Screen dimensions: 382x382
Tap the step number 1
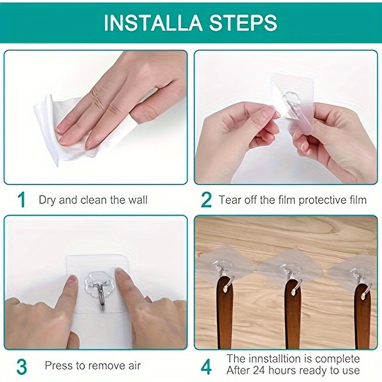[x=21, y=200]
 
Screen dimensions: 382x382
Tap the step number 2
[x=206, y=200]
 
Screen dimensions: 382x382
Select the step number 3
[x=21, y=366]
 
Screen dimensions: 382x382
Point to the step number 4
[x=206, y=366]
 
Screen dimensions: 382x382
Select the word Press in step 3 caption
[x=57, y=366]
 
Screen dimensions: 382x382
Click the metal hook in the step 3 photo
[x=101, y=291]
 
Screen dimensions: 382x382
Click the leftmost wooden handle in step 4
[x=224, y=315]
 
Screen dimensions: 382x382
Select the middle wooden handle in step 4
[x=293, y=315]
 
